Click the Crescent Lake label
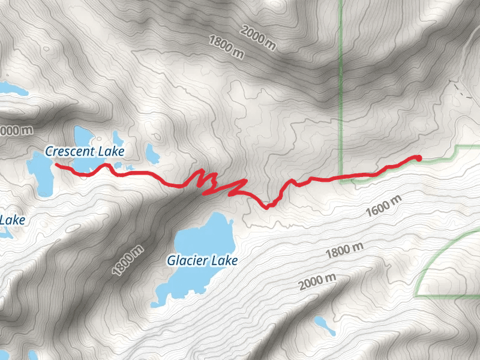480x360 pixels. click(83, 151)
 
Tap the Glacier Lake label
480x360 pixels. click(202, 260)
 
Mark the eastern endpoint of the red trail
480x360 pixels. click(418, 158)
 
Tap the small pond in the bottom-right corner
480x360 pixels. click(324, 325)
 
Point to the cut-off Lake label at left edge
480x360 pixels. click(12, 220)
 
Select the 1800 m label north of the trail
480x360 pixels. click(227, 47)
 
